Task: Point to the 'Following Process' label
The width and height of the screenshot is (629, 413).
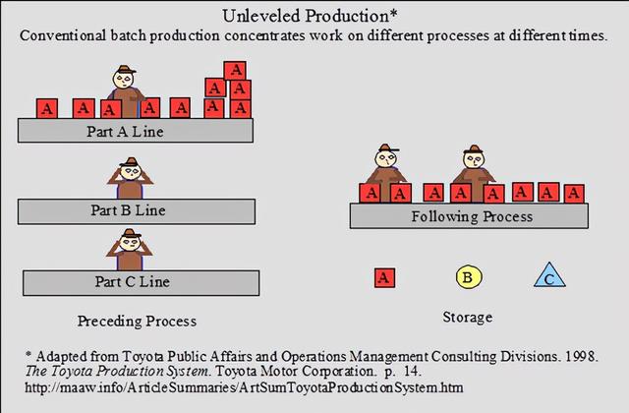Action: point(472,215)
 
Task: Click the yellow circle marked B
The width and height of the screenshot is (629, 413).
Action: point(468,278)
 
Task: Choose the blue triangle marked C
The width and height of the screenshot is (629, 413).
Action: point(550,278)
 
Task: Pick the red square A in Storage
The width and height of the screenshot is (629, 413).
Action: point(384,278)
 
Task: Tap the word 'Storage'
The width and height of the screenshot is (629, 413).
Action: point(468,317)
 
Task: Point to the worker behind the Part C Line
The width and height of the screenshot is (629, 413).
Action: point(129,248)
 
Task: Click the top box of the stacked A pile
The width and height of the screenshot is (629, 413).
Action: point(234,70)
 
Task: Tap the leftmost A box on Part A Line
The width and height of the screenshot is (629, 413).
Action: point(48,107)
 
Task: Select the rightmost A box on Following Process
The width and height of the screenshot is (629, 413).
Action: point(574,192)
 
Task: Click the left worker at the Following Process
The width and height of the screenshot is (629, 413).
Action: point(384,169)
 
